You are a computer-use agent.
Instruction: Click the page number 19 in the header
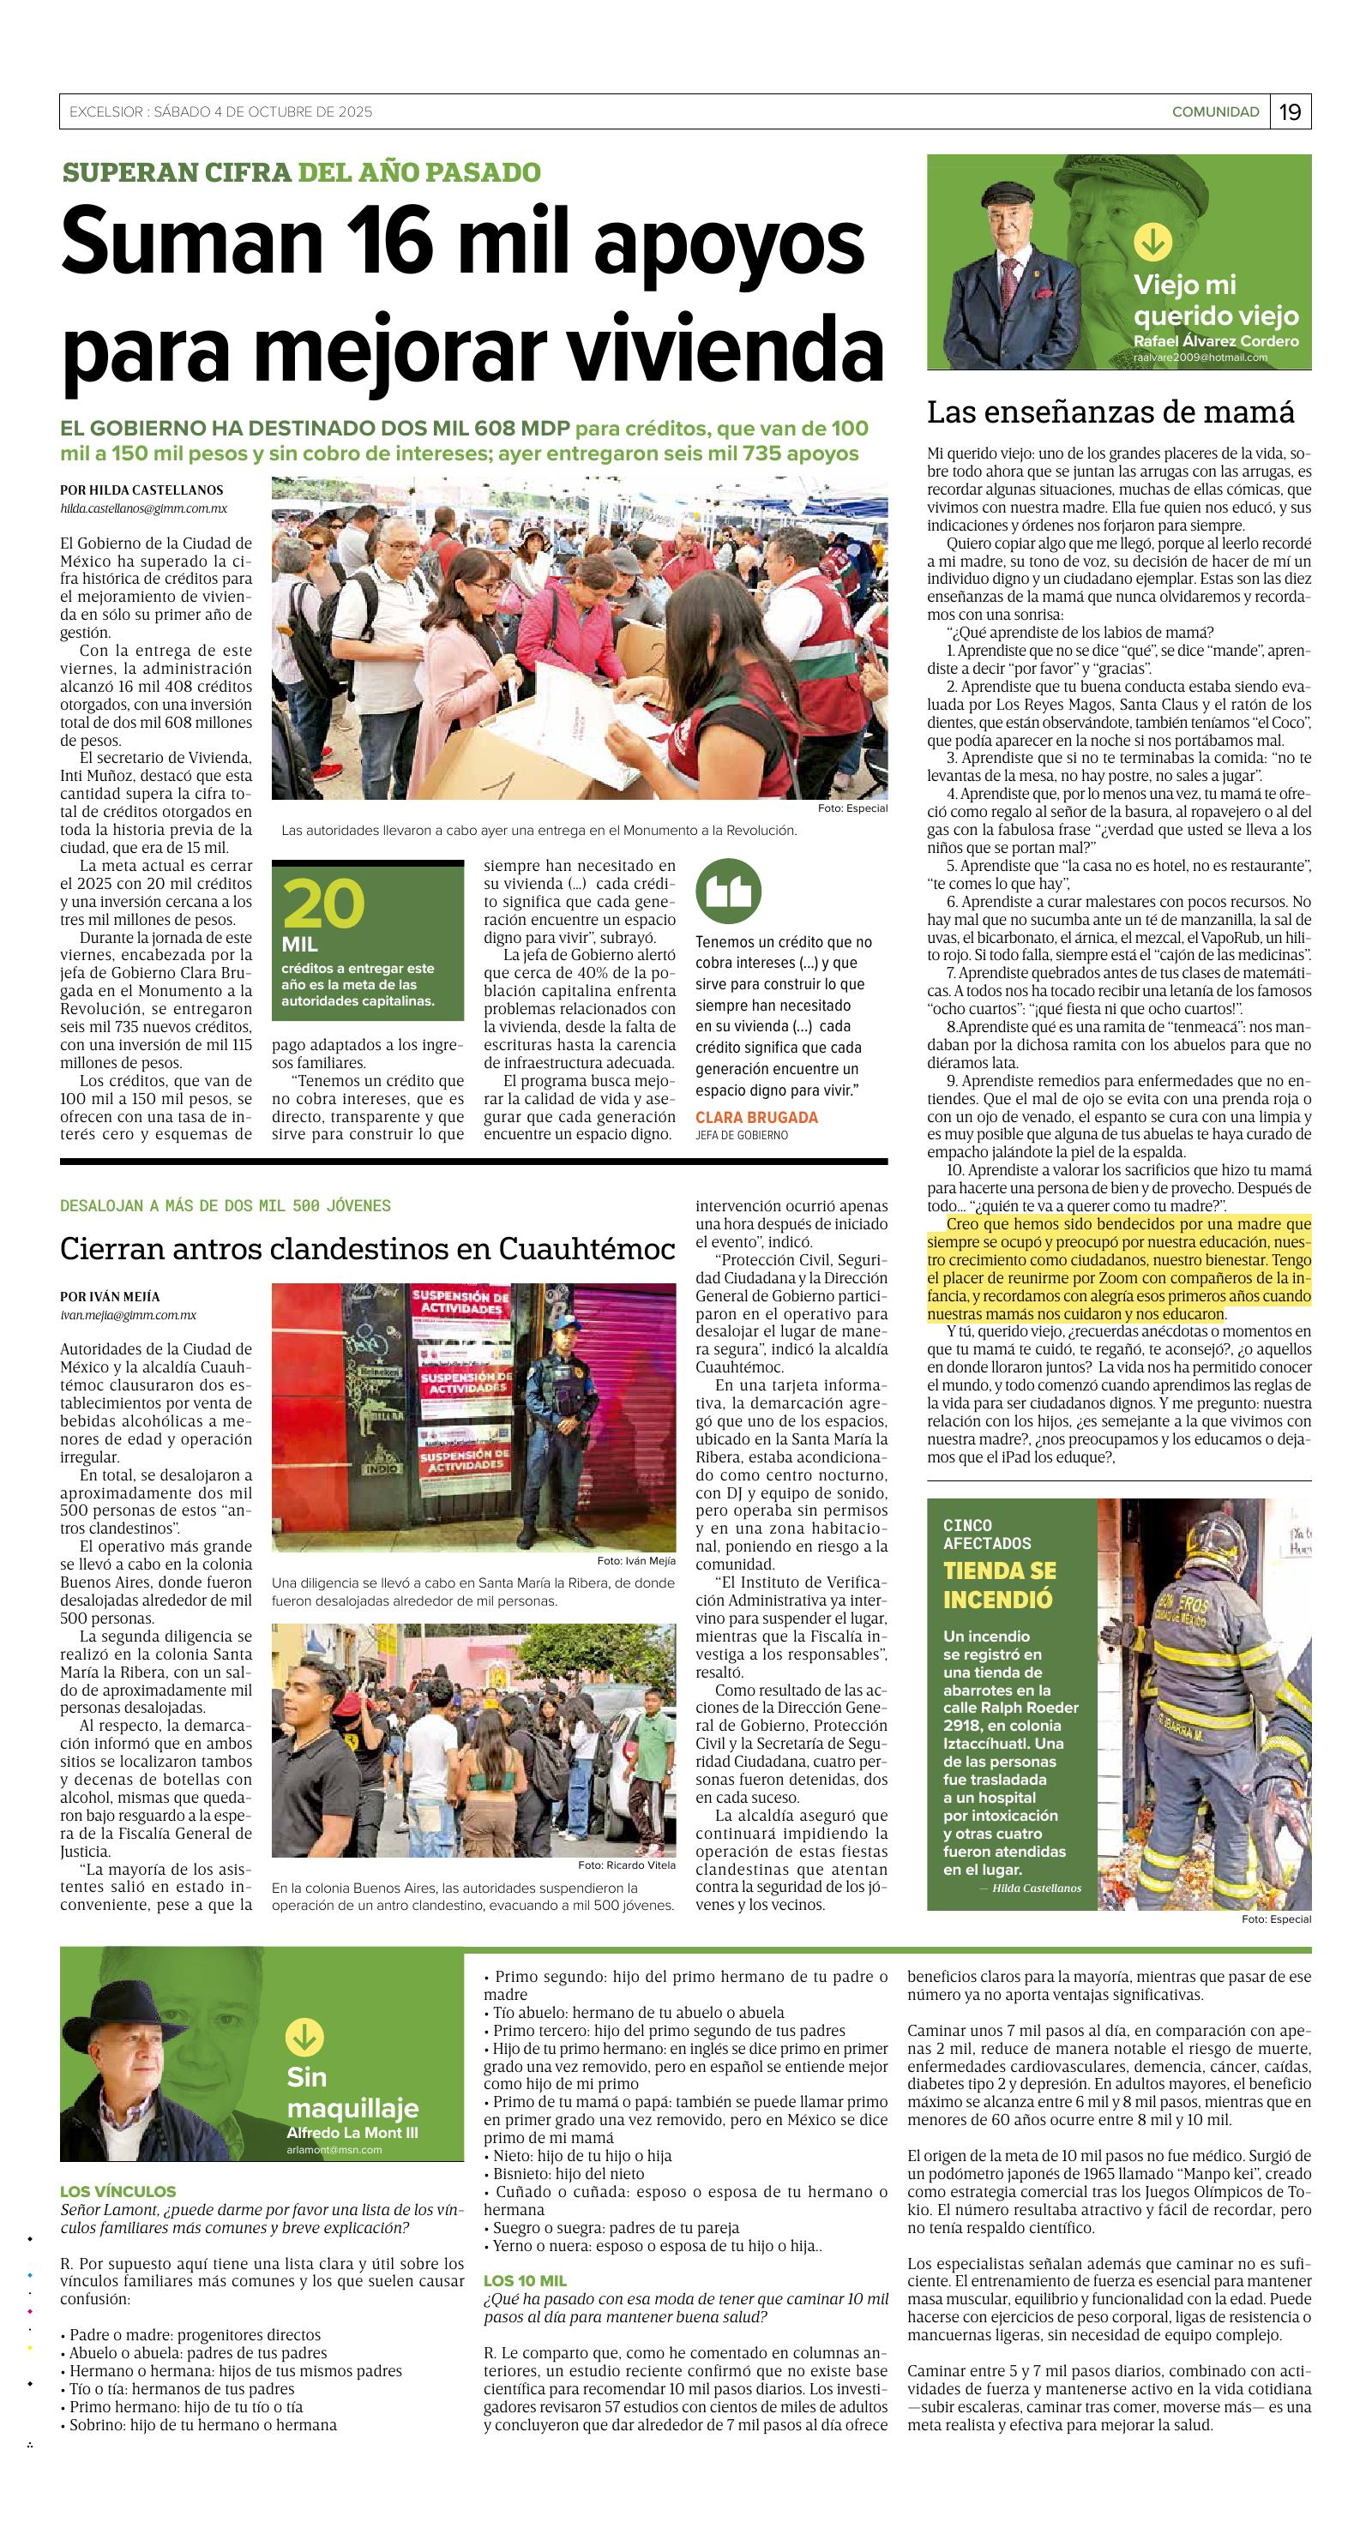(x=1291, y=111)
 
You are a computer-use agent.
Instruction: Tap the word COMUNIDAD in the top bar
(x=1215, y=111)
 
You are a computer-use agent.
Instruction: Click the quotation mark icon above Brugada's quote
(x=728, y=893)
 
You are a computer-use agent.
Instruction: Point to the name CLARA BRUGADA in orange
(x=756, y=1117)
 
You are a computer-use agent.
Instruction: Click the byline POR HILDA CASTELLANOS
(x=141, y=490)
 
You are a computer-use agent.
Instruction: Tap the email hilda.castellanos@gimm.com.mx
(x=143, y=508)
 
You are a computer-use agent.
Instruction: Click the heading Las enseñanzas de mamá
(x=1110, y=412)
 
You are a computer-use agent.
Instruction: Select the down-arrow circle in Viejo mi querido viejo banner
(x=1151, y=241)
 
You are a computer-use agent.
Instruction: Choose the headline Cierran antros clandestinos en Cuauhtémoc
(x=367, y=1248)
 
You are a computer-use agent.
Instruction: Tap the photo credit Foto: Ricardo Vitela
(x=626, y=1865)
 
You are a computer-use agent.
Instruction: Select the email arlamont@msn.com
(x=334, y=2150)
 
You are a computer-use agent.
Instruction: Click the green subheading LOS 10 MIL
(x=525, y=2280)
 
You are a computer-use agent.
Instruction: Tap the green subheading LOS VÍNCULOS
(x=117, y=2191)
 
